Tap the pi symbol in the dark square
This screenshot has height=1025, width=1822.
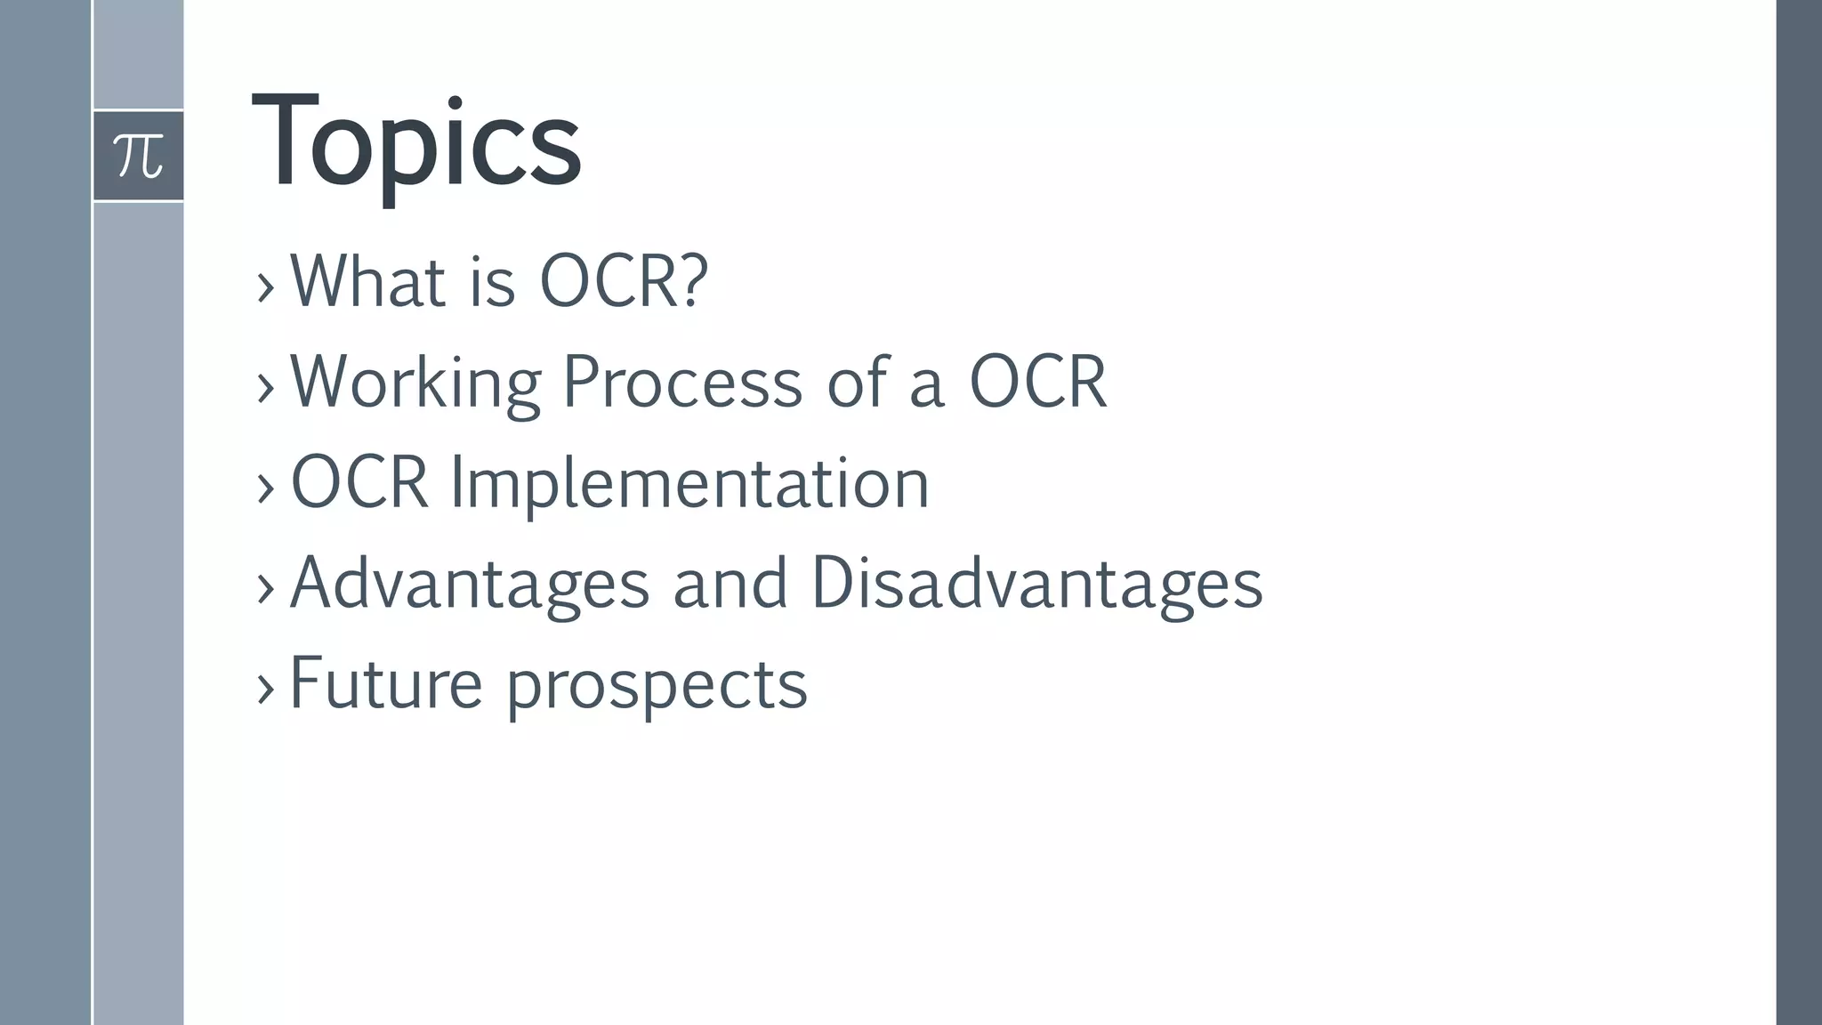[x=139, y=156]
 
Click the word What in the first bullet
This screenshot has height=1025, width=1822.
[x=367, y=282]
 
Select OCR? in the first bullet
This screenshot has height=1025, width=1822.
[x=624, y=282]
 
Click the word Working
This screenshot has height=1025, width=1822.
[x=415, y=383]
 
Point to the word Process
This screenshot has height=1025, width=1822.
[x=682, y=383]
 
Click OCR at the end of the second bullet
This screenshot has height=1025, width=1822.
[x=1037, y=383]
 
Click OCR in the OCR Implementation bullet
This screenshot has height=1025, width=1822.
[x=359, y=483]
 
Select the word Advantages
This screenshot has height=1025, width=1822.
[x=470, y=585]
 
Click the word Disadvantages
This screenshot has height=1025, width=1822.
[x=1036, y=585]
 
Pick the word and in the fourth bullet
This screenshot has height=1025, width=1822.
[x=730, y=585]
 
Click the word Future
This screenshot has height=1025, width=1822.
[x=385, y=684]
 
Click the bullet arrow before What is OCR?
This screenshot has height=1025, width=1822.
[x=265, y=287]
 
